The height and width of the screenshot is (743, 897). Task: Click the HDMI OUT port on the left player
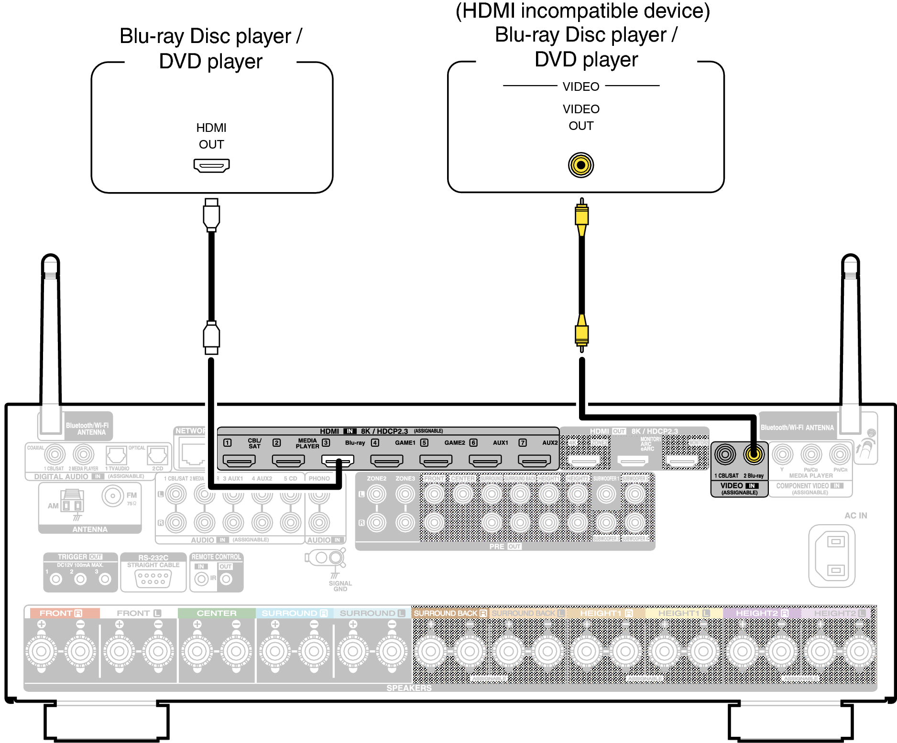211,165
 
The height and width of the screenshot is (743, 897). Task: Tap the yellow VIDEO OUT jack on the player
581,165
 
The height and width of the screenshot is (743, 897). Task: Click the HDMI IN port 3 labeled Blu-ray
338,461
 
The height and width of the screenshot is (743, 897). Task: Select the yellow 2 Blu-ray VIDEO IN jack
754,454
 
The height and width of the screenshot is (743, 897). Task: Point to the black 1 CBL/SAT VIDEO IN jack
725,454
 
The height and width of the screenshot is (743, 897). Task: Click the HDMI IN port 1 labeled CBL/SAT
239,461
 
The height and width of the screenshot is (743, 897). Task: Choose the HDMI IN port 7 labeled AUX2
534,461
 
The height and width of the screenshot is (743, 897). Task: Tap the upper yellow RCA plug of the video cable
581,217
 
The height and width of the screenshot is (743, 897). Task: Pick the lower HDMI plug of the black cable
211,336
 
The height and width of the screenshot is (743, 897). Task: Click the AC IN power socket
831,556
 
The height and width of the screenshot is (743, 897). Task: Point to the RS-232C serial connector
153,578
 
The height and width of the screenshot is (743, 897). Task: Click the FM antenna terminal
113,496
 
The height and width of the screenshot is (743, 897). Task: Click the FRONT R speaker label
61,613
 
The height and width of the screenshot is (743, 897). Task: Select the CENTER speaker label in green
217,613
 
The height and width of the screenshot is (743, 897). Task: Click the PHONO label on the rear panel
319,478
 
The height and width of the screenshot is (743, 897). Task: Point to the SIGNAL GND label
340,586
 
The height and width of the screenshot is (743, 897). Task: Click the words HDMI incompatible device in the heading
582,11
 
